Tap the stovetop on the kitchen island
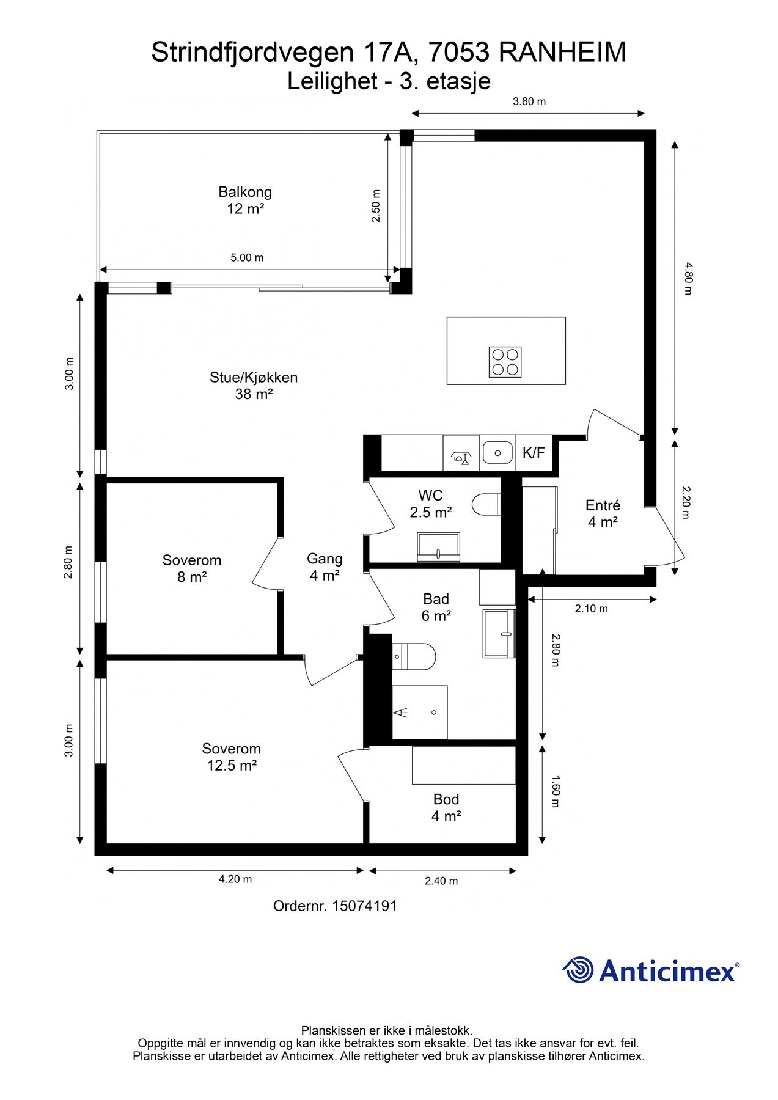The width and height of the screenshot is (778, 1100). coord(505,362)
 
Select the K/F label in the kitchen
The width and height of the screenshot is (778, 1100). coord(534,453)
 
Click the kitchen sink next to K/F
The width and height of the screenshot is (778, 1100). coord(497,453)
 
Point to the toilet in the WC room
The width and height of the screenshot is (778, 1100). coord(486,505)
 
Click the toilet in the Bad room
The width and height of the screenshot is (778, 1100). coord(413,656)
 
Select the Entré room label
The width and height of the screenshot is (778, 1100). coord(603,513)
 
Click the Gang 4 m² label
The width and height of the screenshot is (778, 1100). coord(325,566)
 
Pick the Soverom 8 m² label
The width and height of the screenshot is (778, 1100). coord(192,568)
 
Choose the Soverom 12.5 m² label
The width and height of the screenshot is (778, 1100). coord(232,757)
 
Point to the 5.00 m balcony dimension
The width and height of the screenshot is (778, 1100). coord(247,258)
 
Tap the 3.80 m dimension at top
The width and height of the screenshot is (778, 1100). coord(529,101)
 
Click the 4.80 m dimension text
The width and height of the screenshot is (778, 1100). coord(688,279)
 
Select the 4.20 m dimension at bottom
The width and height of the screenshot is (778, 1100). coord(235,879)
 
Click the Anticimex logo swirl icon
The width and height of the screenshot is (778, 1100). coord(578,970)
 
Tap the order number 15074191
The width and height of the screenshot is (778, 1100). coord(364,906)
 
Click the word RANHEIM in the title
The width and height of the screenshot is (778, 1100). coord(562,53)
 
